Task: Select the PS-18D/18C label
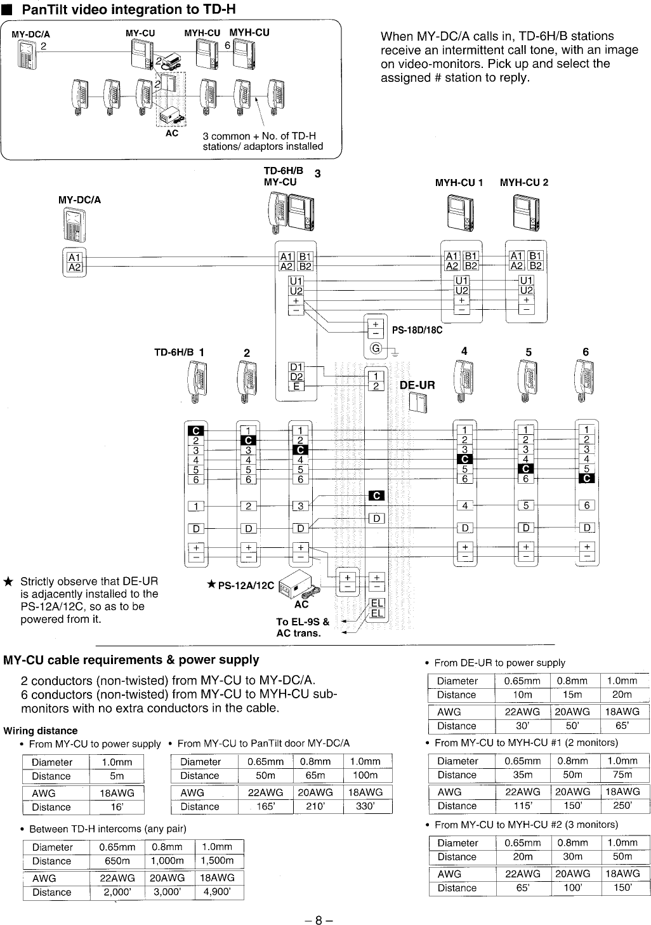click(x=417, y=330)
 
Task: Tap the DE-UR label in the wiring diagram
click(x=417, y=385)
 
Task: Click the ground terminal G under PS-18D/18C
click(x=376, y=349)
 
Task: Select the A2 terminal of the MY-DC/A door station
click(x=75, y=267)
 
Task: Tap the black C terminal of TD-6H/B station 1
click(x=196, y=431)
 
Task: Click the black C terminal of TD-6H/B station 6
click(x=587, y=479)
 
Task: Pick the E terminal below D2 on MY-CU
click(x=296, y=385)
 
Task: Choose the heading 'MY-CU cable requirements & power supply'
click(x=131, y=660)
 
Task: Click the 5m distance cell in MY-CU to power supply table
click(x=116, y=776)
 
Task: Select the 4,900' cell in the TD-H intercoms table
click(x=218, y=891)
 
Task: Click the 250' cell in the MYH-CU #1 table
click(x=622, y=806)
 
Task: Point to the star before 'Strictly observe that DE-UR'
click(x=8, y=582)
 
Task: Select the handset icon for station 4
click(x=461, y=382)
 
